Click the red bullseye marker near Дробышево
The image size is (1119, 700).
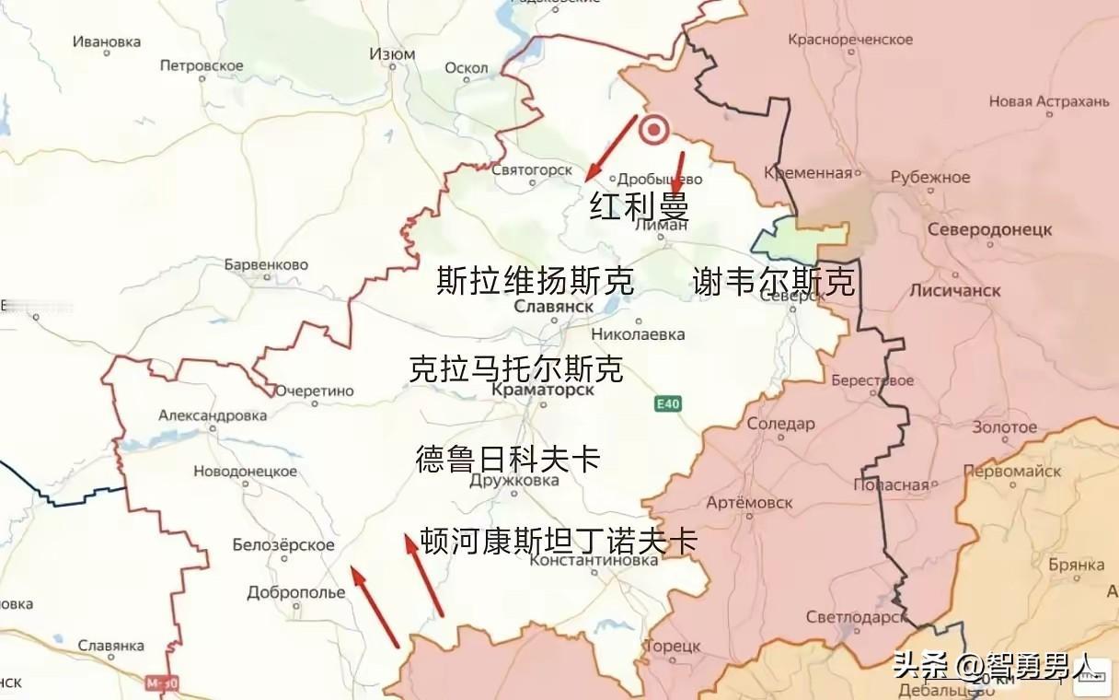pos(654,131)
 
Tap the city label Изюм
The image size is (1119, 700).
pos(392,54)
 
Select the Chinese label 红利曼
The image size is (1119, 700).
pos(639,206)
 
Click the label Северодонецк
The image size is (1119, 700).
pos(990,229)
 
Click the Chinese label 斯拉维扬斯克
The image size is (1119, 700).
pos(536,281)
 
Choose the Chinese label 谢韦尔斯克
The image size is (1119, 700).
pos(773,282)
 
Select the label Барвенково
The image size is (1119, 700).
pos(266,265)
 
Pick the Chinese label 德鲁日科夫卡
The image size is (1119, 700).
pos(508,459)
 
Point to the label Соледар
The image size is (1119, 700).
pos(780,424)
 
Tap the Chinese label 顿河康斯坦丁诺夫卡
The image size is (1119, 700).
pos(558,540)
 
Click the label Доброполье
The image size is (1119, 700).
pos(295,592)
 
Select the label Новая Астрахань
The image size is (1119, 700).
pos(1049,101)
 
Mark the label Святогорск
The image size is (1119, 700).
pos(531,170)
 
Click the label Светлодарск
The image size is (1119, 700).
pos(855,617)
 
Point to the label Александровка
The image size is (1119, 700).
pos(213,415)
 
